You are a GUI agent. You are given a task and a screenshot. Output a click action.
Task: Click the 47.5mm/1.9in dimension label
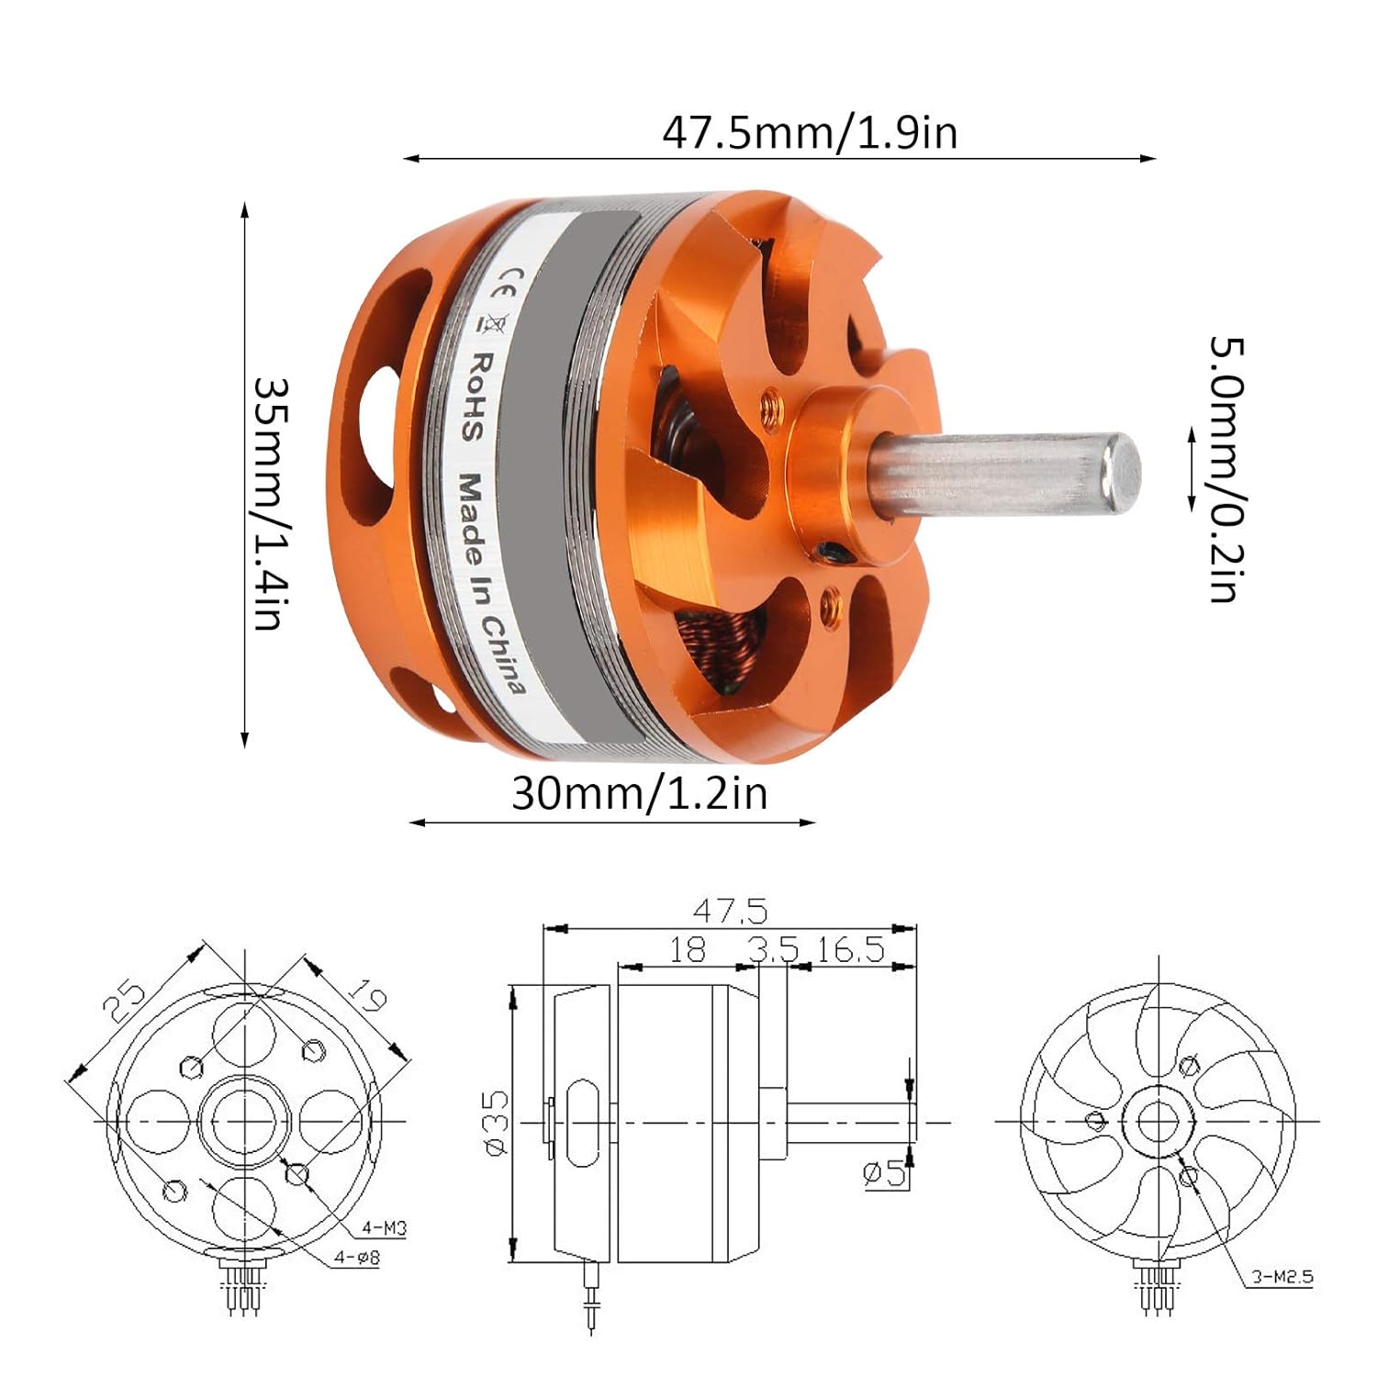pos(810,133)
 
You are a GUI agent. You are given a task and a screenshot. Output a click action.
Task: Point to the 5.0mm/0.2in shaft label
pos(1226,469)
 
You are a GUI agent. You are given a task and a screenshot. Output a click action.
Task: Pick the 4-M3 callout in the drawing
pos(384,1227)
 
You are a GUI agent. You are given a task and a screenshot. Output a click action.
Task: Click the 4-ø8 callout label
pos(356,1259)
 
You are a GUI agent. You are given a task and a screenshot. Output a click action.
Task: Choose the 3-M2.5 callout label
pos(1282,1276)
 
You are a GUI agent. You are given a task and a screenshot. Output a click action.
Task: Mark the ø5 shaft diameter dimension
pos(885,1172)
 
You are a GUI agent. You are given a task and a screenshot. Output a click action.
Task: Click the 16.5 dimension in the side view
pos(850,950)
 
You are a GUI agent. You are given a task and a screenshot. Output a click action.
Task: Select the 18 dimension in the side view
pos(687,950)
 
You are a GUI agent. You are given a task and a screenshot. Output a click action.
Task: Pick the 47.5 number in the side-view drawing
pos(730,912)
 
